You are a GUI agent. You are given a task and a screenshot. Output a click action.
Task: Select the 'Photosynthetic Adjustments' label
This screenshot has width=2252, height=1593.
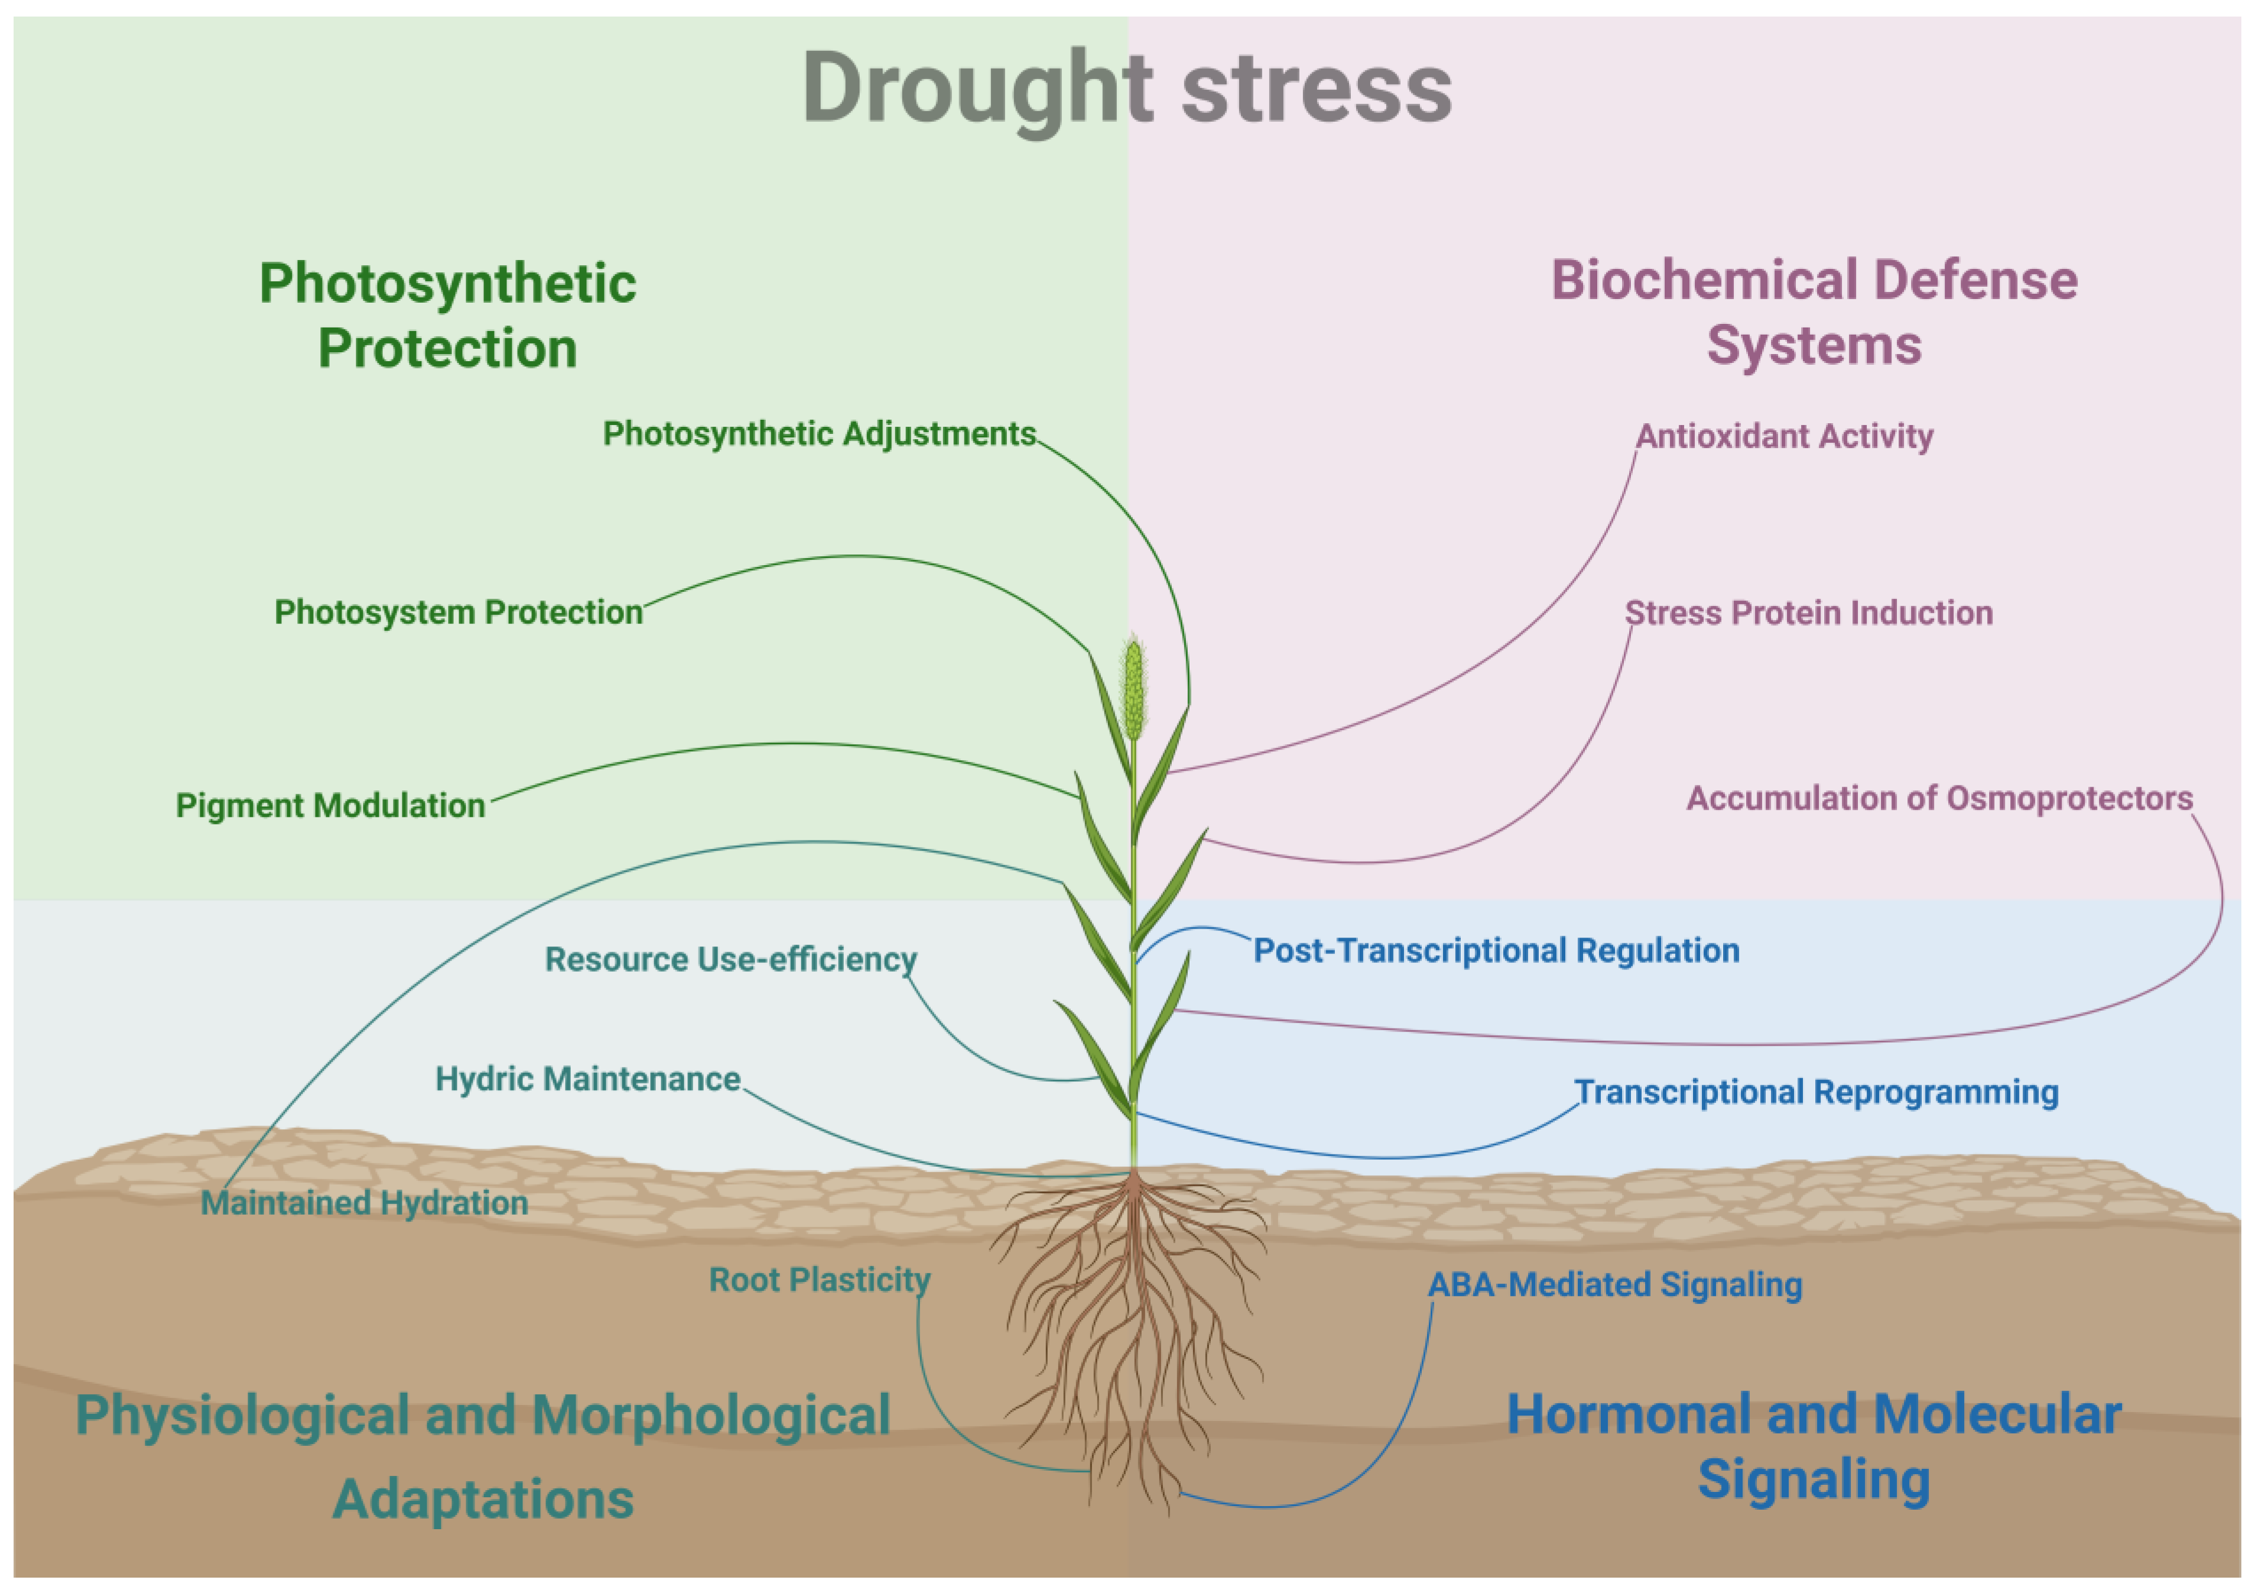819,433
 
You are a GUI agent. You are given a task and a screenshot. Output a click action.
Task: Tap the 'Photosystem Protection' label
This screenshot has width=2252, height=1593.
458,612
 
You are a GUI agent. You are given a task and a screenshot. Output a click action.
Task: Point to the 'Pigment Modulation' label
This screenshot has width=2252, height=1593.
330,805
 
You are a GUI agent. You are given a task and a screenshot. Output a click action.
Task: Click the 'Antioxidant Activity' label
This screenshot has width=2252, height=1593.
1784,436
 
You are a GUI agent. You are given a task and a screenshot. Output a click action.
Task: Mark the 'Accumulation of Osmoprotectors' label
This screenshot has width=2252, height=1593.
1939,799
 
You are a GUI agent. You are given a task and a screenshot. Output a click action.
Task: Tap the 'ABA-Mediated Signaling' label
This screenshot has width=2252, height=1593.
1614,1285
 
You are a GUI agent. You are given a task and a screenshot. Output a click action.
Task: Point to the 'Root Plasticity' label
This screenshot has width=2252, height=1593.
819,1280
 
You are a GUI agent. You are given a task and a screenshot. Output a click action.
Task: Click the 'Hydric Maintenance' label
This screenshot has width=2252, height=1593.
587,1079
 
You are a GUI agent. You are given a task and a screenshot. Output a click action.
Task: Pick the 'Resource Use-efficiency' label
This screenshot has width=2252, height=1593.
731,959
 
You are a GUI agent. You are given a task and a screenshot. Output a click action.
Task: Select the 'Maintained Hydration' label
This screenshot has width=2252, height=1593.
364,1203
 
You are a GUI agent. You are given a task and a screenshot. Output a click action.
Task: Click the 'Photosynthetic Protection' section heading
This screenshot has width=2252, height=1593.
447,316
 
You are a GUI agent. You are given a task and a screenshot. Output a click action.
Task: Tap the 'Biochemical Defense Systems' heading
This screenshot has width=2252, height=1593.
1814,312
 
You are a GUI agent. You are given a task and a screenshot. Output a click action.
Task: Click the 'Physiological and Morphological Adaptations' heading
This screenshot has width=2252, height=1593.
483,1456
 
